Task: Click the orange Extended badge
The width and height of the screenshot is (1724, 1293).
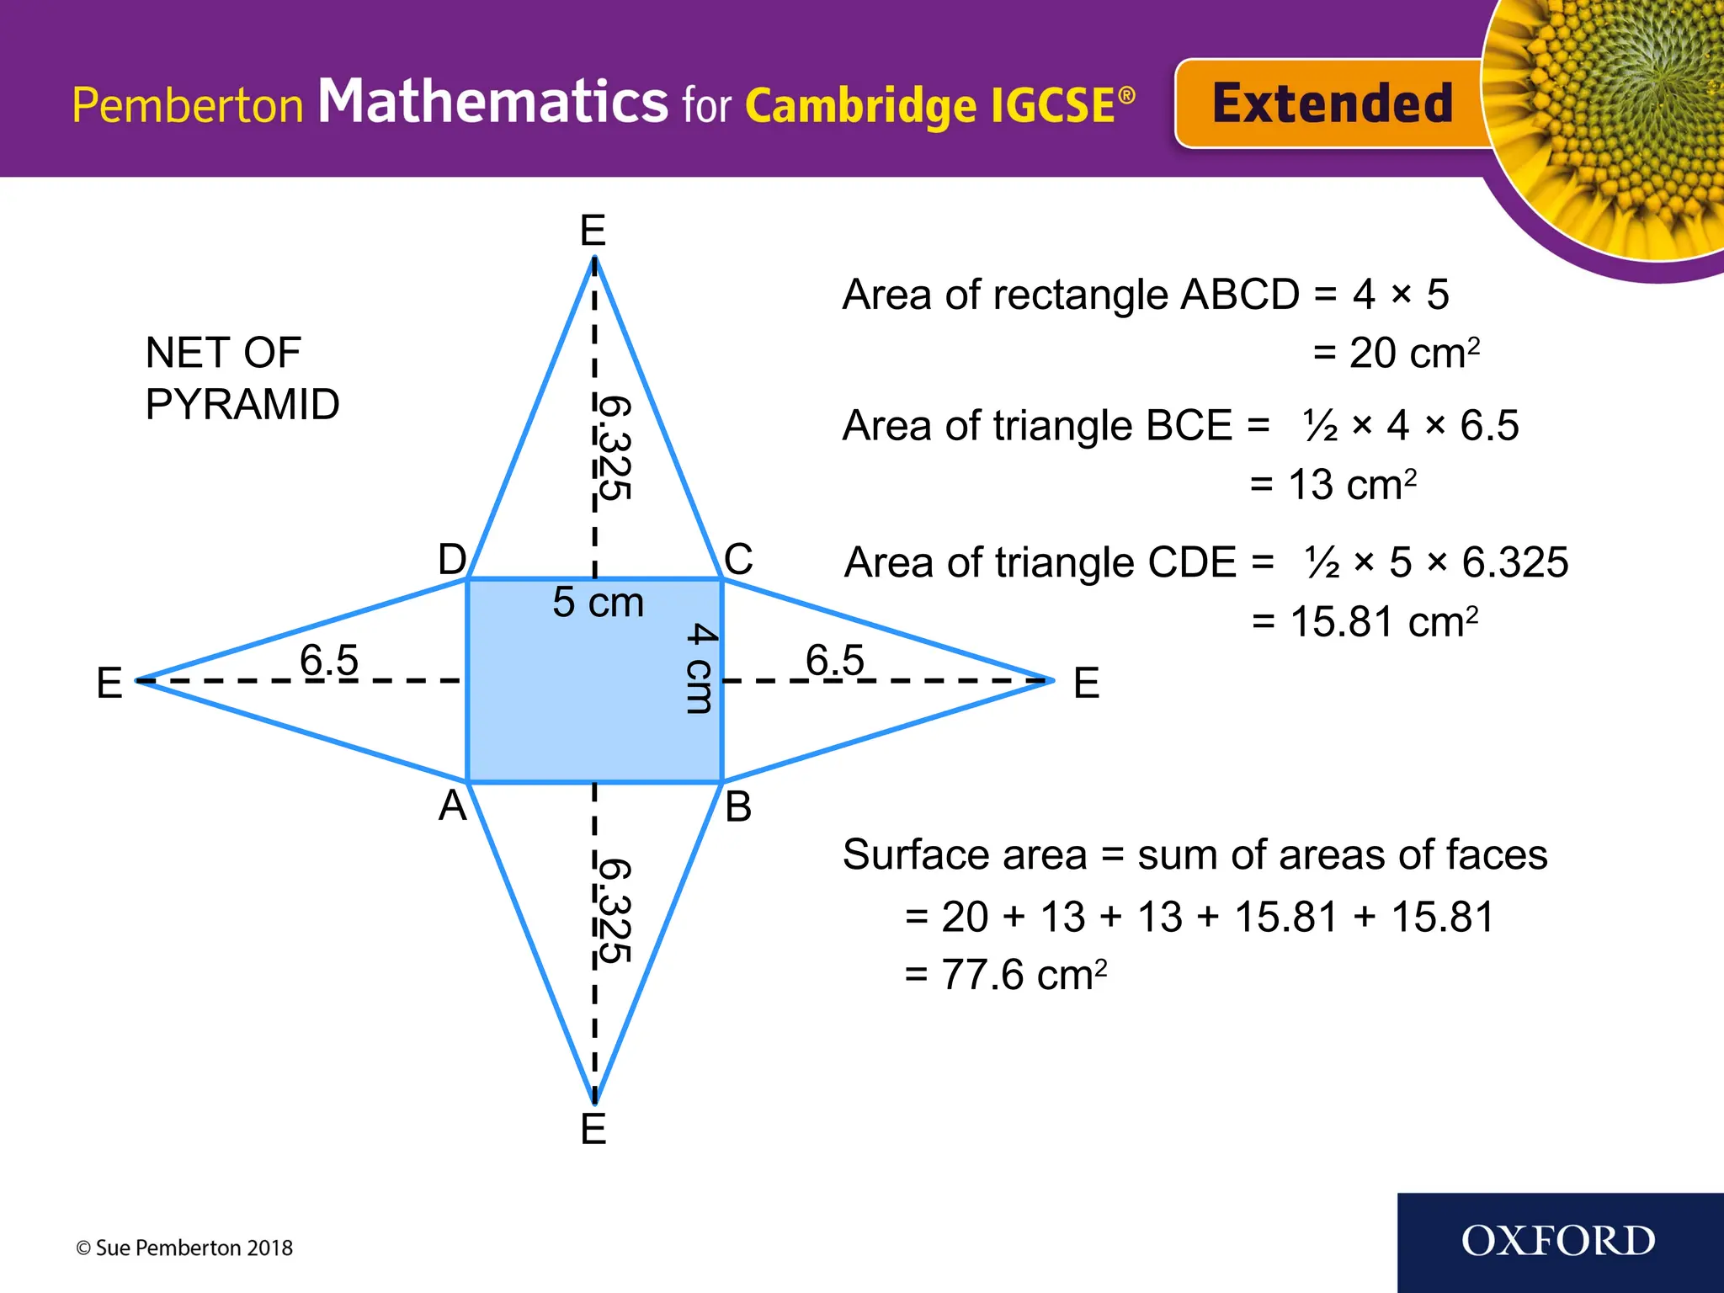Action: (x=1330, y=104)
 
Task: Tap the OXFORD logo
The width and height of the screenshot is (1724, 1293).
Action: (x=1558, y=1242)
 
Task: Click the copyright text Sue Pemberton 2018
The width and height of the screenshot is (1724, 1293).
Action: (x=184, y=1248)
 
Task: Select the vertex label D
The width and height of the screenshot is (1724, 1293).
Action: (x=452, y=559)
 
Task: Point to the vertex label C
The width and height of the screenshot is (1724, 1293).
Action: (x=738, y=559)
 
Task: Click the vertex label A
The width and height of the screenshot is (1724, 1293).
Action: (x=452, y=806)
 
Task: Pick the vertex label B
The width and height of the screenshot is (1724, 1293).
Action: (x=738, y=806)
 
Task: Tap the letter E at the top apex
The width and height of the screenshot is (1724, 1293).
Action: (x=593, y=230)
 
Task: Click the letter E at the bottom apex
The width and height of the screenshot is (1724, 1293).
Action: (x=593, y=1129)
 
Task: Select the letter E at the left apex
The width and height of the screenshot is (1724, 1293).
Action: (x=109, y=682)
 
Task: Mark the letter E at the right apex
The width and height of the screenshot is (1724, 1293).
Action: (x=1087, y=682)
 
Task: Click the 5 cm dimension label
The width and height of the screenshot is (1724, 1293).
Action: (x=598, y=602)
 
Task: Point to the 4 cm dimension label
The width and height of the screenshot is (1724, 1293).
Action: (x=700, y=668)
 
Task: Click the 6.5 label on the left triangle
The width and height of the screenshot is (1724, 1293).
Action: (x=329, y=659)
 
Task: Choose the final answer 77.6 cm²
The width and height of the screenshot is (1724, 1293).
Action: (x=1006, y=975)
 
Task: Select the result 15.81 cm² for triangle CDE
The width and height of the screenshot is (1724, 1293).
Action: (x=1365, y=622)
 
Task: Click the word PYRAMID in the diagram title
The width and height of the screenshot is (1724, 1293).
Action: (x=242, y=404)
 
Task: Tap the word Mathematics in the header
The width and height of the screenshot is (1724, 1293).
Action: (x=492, y=102)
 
